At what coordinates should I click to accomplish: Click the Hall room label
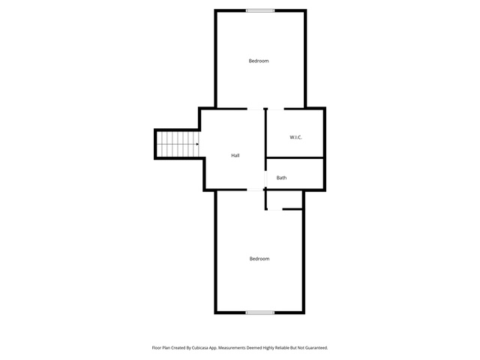[235, 155]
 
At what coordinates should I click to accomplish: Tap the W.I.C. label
[295, 137]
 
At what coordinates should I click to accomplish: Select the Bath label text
[281, 178]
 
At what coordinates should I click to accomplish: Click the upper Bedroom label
[259, 61]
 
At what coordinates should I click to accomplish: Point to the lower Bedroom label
[259, 259]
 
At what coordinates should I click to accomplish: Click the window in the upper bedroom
[260, 10]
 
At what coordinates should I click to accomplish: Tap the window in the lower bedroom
[260, 313]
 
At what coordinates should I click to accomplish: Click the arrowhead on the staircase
[197, 144]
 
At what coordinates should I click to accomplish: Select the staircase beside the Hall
[178, 144]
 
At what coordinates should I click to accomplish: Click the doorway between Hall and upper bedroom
[255, 109]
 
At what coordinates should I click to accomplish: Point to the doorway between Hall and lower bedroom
[255, 190]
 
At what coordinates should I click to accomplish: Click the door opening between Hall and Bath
[265, 178]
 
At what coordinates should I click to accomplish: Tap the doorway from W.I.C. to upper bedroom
[276, 109]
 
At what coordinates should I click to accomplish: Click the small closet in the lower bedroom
[284, 200]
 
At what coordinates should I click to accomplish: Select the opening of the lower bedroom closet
[274, 209]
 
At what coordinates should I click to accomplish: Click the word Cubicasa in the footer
[200, 348]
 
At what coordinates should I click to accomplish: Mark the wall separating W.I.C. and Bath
[295, 158]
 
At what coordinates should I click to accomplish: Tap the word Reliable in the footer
[283, 348]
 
